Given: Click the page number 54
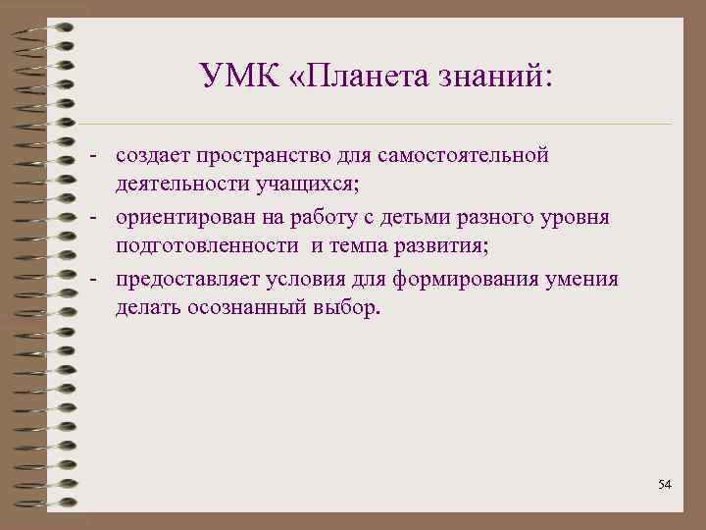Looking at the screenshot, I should pyautogui.click(x=665, y=485).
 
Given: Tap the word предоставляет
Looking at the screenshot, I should pyautogui.click(x=182, y=279).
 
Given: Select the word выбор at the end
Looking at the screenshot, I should pyautogui.click(x=344, y=310).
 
